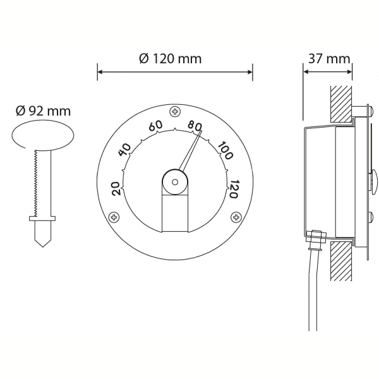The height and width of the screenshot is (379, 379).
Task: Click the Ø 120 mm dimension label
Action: click(x=170, y=59)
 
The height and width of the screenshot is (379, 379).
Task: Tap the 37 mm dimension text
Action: click(x=329, y=59)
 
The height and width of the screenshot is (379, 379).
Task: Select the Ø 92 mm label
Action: click(x=43, y=111)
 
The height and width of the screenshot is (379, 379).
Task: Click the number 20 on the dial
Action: click(x=116, y=188)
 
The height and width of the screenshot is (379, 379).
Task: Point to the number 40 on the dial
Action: click(x=124, y=150)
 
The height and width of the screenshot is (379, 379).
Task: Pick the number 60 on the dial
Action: click(x=155, y=126)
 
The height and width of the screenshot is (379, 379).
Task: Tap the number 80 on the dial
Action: click(x=195, y=126)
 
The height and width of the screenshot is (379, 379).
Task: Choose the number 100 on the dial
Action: click(x=226, y=151)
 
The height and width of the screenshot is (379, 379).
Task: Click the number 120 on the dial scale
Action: click(x=234, y=189)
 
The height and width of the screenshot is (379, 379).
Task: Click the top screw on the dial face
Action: click(x=175, y=112)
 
